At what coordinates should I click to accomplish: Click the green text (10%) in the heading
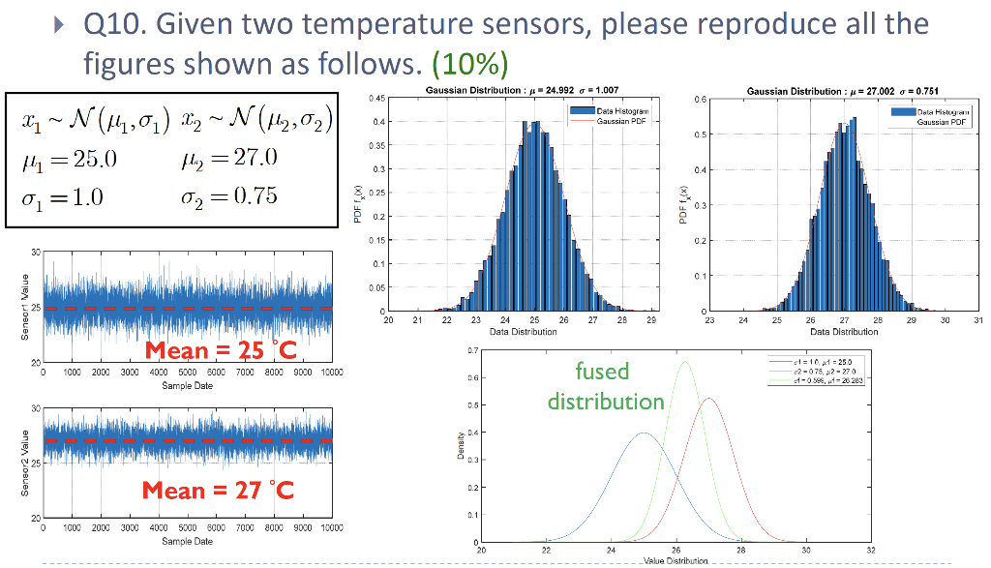[x=469, y=65]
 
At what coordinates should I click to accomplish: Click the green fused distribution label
[x=605, y=385]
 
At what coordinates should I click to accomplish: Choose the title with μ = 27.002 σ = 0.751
[x=843, y=90]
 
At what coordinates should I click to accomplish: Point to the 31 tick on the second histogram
[x=978, y=318]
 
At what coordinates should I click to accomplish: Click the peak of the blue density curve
[x=644, y=433]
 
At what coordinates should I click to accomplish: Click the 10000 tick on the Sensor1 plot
[x=332, y=372]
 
